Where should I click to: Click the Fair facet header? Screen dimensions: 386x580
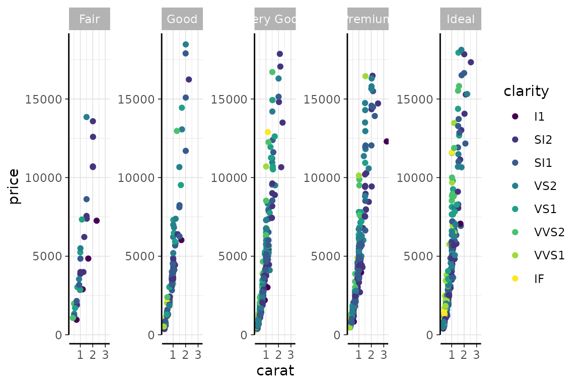point(89,20)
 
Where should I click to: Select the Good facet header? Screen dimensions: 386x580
point(182,20)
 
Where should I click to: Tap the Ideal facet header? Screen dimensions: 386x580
point(461,20)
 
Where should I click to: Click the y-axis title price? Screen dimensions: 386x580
point(14,186)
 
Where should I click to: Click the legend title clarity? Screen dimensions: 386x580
point(526,91)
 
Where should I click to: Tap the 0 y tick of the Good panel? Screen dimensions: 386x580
point(151,335)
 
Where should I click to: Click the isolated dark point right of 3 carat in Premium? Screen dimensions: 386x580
point(387,141)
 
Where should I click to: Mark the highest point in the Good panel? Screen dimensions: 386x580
point(186,45)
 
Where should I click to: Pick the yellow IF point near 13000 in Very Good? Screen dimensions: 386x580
point(268,132)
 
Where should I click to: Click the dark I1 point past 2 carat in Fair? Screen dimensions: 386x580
point(97,221)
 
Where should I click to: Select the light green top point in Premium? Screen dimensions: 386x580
point(366,76)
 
